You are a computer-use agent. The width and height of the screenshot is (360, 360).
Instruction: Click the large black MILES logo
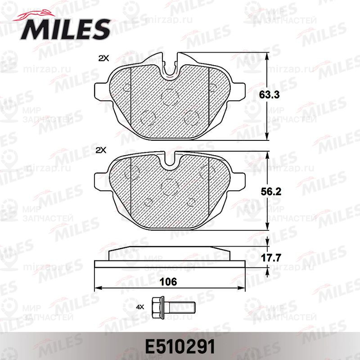click(x=65, y=29)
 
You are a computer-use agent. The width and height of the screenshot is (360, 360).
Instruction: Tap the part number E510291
click(x=180, y=346)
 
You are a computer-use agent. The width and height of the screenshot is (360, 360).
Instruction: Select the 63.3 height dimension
click(x=269, y=94)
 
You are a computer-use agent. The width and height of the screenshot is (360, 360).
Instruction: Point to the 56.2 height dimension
click(x=271, y=192)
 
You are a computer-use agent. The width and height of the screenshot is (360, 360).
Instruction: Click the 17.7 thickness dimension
click(x=271, y=257)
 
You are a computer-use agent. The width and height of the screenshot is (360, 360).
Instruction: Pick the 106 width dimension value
click(x=168, y=282)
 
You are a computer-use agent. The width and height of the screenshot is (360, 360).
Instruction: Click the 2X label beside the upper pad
click(x=103, y=58)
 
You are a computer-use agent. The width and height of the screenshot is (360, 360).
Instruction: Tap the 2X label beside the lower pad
click(x=101, y=150)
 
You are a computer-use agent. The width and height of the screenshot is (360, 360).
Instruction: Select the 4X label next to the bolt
click(x=140, y=307)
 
